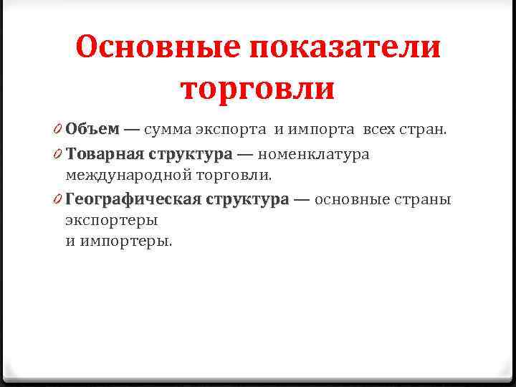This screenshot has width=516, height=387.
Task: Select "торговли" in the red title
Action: (258, 89)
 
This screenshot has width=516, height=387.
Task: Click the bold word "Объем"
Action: (92, 130)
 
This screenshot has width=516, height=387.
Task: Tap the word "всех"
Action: (379, 130)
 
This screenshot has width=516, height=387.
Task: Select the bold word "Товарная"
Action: (105, 154)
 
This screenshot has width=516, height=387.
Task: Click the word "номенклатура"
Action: (313, 154)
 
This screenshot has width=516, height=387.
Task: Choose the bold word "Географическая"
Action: (132, 199)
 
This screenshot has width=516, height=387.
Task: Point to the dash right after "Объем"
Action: (132, 130)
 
